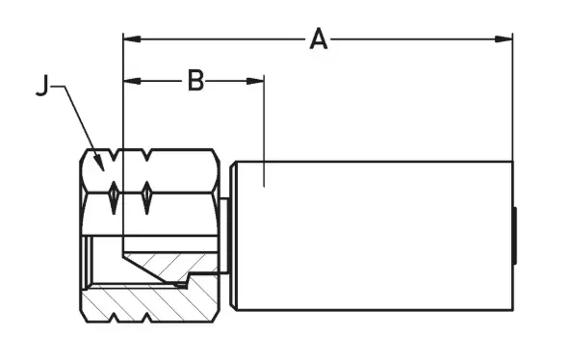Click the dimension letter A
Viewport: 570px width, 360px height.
[318, 39]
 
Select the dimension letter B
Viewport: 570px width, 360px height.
[195, 81]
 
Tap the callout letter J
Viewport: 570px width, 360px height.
[41, 87]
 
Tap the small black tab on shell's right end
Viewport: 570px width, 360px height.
[516, 237]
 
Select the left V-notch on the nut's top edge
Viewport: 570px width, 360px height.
[114, 153]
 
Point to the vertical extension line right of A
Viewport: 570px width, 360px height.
[512, 96]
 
